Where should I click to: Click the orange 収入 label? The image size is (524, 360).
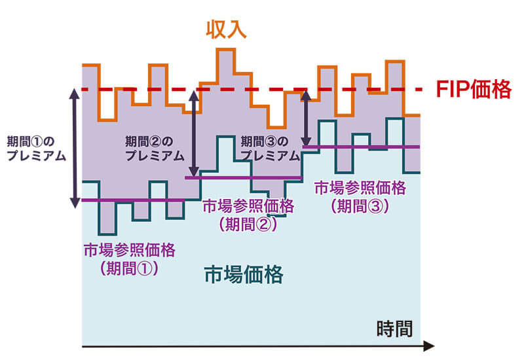(226, 30)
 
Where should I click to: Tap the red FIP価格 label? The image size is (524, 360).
(473, 90)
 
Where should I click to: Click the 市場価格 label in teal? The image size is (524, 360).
(244, 274)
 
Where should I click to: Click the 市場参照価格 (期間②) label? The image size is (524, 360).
(249, 214)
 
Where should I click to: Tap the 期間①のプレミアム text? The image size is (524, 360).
(35, 147)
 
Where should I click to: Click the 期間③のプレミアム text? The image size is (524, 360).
(269, 147)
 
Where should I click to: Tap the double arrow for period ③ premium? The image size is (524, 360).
(306, 118)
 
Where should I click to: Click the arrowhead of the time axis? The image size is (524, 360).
(428, 345)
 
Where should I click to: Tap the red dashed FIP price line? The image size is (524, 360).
(262, 89)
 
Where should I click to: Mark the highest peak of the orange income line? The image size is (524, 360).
(226, 50)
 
